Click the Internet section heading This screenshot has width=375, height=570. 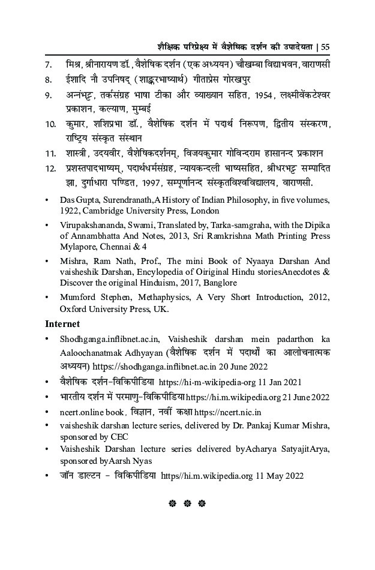click(x=62, y=323)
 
